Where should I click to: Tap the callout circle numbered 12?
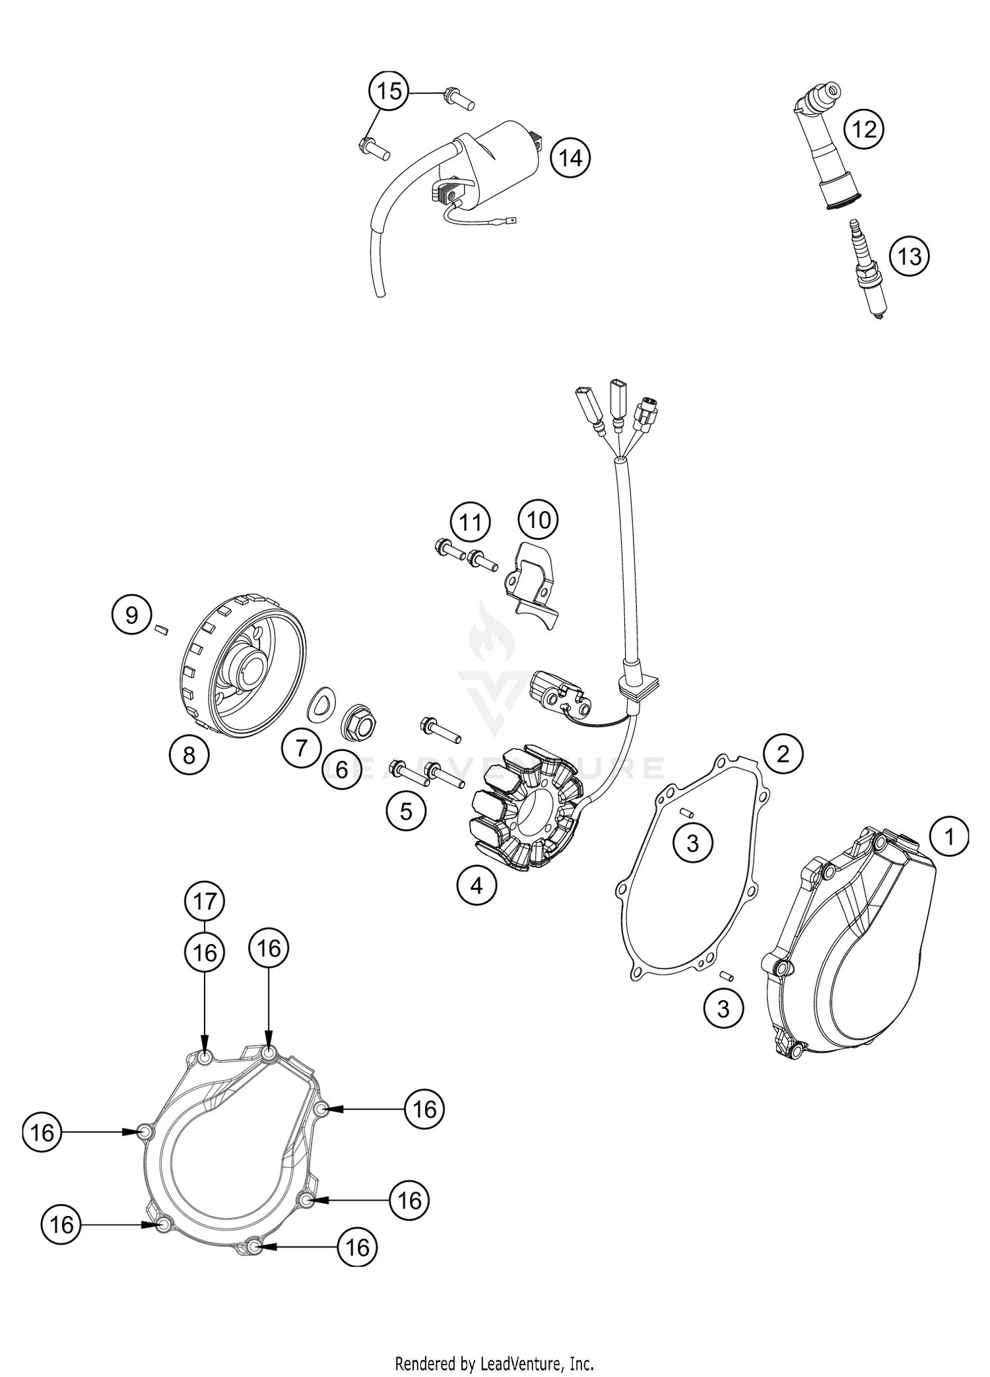coord(865,129)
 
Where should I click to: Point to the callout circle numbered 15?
coord(389,90)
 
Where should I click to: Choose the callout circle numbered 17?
coord(205,900)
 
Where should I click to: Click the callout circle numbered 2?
coord(783,754)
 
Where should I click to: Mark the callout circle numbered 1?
coord(949,838)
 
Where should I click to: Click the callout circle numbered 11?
coord(471,523)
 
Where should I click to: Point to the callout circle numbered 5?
coord(406,811)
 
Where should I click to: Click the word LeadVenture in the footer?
coord(523,1362)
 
